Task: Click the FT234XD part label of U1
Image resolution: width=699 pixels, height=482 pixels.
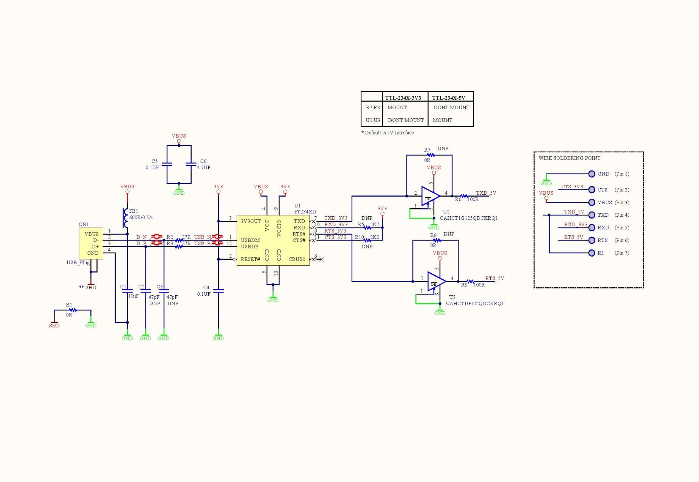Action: click(x=305, y=212)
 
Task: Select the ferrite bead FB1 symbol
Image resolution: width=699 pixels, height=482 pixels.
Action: click(x=125, y=218)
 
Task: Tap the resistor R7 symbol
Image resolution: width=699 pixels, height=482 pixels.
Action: click(x=431, y=155)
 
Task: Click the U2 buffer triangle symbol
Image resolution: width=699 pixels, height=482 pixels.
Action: click(x=430, y=196)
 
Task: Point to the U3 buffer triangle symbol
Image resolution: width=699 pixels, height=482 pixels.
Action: click(x=436, y=281)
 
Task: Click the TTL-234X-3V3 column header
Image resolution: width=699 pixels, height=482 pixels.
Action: click(x=403, y=98)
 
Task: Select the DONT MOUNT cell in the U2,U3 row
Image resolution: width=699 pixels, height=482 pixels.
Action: click(x=406, y=120)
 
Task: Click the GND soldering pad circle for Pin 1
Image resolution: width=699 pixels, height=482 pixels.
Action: click(x=592, y=174)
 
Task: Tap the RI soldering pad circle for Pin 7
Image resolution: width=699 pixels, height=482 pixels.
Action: click(x=592, y=253)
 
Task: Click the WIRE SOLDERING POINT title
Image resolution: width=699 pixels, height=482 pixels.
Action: click(x=569, y=158)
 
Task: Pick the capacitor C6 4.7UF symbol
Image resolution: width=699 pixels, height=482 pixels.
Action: click(x=191, y=164)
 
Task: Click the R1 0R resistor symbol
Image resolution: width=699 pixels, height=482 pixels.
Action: click(x=73, y=310)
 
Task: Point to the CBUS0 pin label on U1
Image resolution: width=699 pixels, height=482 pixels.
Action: click(x=297, y=259)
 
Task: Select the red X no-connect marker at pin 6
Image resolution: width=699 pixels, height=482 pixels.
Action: click(x=321, y=259)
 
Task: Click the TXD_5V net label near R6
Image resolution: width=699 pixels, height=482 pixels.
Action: click(x=486, y=193)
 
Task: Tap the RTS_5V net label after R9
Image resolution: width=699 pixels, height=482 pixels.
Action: click(x=494, y=279)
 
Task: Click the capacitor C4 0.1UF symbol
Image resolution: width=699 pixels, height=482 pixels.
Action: click(x=218, y=291)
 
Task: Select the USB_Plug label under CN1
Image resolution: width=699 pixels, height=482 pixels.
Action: click(x=78, y=263)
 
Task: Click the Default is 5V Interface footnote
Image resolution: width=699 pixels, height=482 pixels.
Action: click(x=388, y=133)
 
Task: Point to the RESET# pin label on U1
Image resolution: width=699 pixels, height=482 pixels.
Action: click(x=250, y=259)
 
